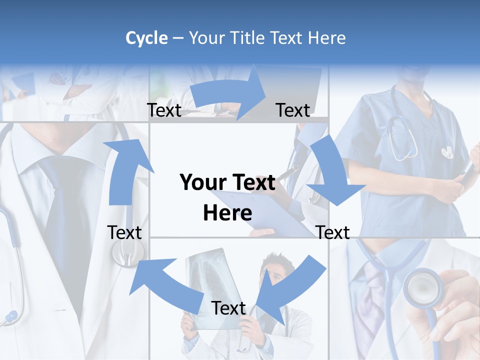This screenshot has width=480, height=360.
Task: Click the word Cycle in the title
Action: click(x=146, y=38)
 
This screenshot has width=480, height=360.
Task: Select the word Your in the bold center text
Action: click(x=197, y=183)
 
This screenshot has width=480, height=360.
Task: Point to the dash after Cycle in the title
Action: click(x=178, y=38)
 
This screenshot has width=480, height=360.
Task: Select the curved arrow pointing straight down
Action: click(x=332, y=172)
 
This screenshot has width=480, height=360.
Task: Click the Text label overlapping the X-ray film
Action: click(x=228, y=308)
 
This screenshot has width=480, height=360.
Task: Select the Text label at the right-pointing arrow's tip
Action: click(x=293, y=110)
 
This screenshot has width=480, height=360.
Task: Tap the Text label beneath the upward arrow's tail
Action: click(x=124, y=232)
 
